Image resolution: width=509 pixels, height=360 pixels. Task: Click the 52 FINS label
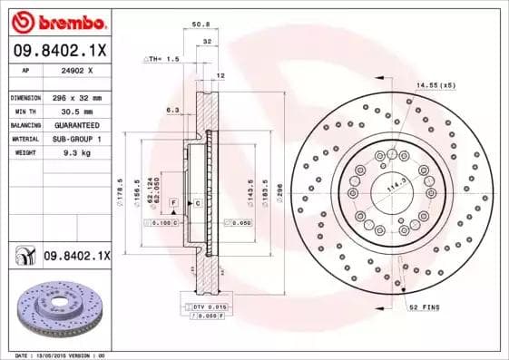[424, 307]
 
